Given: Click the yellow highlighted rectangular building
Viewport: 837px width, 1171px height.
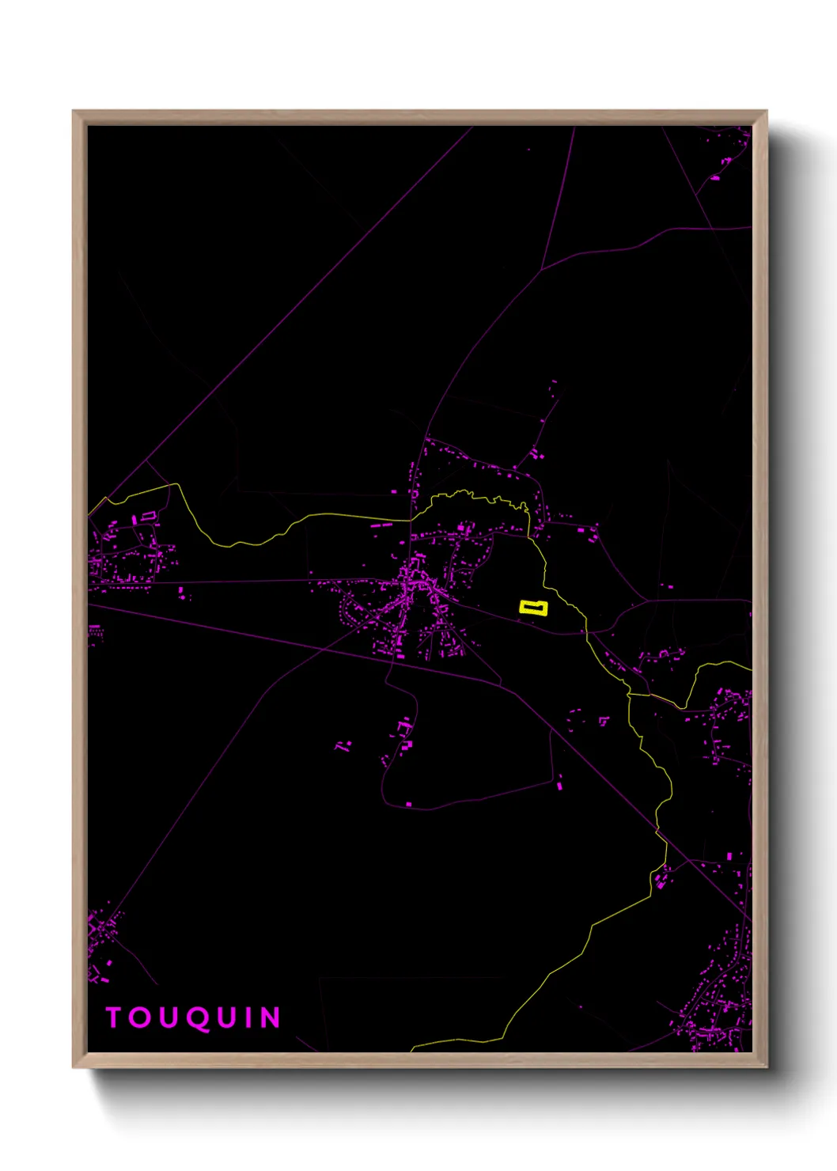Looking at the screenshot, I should coord(533,608).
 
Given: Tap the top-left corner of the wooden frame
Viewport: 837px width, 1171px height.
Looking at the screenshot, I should coord(74,112).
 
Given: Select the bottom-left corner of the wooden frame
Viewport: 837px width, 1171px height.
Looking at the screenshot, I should coord(74,1066).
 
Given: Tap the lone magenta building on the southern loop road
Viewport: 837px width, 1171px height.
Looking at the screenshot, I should coord(409,804).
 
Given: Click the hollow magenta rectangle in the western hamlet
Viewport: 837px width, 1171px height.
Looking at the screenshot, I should coord(147,516).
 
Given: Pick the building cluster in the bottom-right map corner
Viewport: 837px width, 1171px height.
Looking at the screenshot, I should coord(716,1013).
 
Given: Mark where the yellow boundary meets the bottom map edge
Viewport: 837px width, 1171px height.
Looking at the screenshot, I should coord(412,1050).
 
